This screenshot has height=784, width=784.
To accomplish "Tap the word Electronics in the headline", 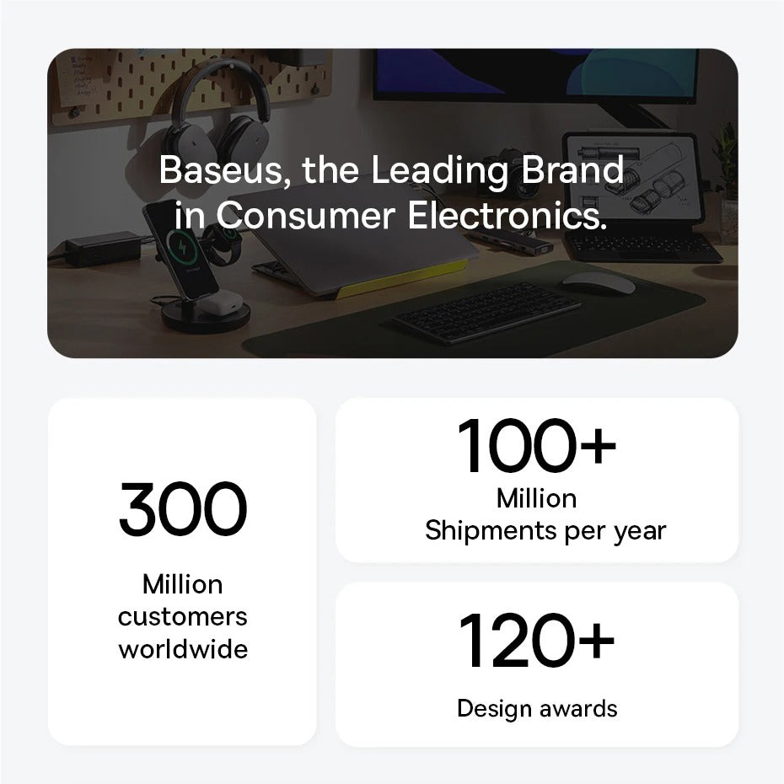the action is point(507,216).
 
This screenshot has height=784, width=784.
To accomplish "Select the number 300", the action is point(183,508).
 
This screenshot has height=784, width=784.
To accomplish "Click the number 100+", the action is point(536,445).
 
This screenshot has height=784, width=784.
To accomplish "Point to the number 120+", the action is point(536,641).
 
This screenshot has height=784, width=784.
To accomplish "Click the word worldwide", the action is point(183,649).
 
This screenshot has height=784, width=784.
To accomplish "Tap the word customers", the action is point(183,616).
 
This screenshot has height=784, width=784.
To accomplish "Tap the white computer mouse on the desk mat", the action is point(598,284).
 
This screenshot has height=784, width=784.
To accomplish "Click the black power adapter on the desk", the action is point(104,249).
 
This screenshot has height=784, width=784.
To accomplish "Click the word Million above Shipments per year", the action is point(536,498).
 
